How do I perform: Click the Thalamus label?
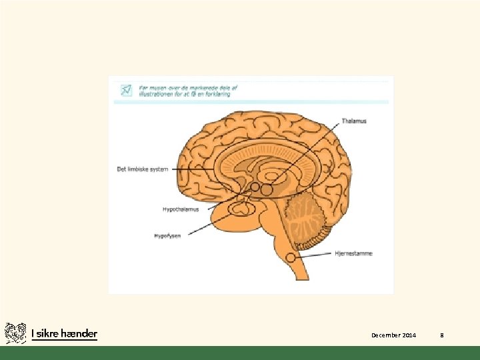click(354, 121)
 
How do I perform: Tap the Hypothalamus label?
click(181, 209)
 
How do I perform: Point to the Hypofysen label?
click(167, 236)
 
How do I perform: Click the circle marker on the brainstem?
click(291, 257)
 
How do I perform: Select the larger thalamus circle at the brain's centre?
click(267, 190)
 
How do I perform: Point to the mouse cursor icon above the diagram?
click(125, 90)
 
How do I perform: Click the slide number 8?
click(441, 335)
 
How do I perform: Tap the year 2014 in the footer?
click(409, 335)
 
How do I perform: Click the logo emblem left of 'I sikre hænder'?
click(15, 333)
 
